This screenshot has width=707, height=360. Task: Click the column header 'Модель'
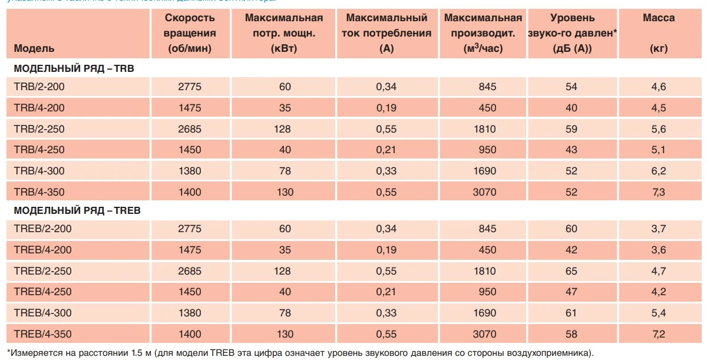pyautogui.click(x=34, y=48)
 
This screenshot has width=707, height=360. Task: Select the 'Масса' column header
pyautogui.click(x=659, y=18)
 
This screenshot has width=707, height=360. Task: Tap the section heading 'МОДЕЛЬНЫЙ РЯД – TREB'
pyautogui.click(x=77, y=210)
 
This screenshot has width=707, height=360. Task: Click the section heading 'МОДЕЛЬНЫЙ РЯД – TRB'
pyautogui.click(x=74, y=68)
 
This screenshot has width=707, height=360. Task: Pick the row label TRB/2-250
pyautogui.click(x=39, y=129)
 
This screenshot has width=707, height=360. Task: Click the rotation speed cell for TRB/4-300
pyautogui.click(x=190, y=171)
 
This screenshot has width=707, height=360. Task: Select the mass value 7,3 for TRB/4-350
pyautogui.click(x=658, y=192)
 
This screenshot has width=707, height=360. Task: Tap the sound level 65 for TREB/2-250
pyautogui.click(x=571, y=271)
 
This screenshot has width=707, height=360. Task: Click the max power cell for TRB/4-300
pyautogui.click(x=285, y=171)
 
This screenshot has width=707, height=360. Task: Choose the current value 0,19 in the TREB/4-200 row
pyautogui.click(x=386, y=250)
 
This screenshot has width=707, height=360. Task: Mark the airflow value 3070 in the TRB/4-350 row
pyautogui.click(x=485, y=192)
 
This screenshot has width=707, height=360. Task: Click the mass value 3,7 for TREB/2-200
pyautogui.click(x=658, y=229)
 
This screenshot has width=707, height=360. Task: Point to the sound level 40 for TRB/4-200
pyautogui.click(x=571, y=108)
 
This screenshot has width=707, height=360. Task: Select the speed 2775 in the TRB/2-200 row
pyautogui.click(x=190, y=87)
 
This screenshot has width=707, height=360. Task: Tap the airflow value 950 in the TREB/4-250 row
pyautogui.click(x=488, y=292)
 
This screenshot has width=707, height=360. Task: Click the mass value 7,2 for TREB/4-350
pyautogui.click(x=658, y=334)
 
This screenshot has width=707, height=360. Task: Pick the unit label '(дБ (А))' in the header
pyautogui.click(x=572, y=48)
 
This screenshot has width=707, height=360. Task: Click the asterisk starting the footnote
pyautogui.click(x=8, y=352)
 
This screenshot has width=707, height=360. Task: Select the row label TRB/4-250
pyautogui.click(x=39, y=150)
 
